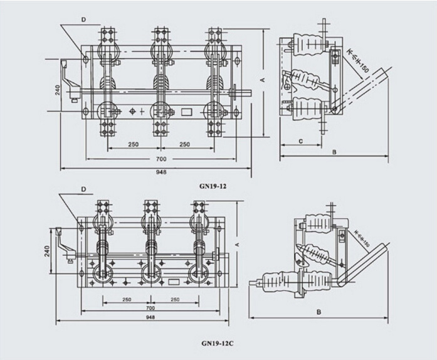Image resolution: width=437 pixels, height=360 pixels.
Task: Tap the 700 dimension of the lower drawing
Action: point(150,309)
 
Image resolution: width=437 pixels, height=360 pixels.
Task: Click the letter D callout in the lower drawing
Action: point(83,189)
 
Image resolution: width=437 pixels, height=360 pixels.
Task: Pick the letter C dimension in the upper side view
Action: point(302,142)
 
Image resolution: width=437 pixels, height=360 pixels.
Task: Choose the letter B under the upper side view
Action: point(334,152)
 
